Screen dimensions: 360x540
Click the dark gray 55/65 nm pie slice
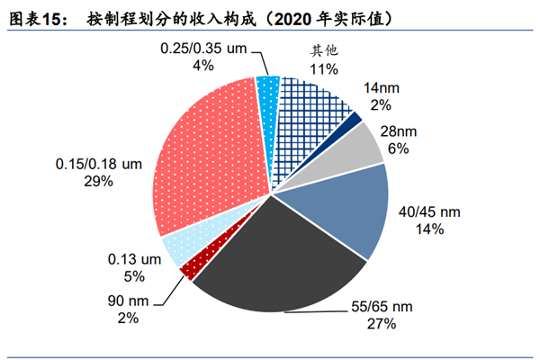pyautogui.click(x=274, y=261)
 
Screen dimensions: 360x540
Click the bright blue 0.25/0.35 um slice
pyautogui.click(x=268, y=86)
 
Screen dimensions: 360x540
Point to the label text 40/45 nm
pyautogui.click(x=427, y=211)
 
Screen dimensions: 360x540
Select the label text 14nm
pyautogui.click(x=403, y=88)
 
